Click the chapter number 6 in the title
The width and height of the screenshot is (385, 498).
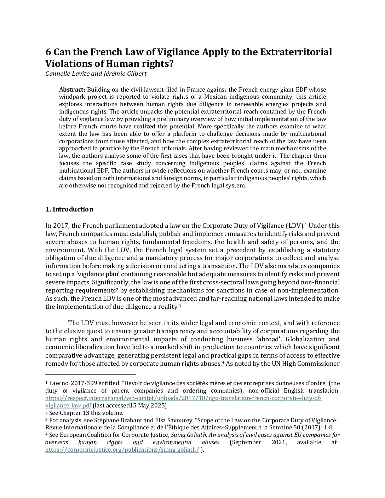tap(48, 52)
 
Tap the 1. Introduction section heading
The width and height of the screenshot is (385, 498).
tap(69, 209)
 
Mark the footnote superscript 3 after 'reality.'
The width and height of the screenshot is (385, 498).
tap(180, 306)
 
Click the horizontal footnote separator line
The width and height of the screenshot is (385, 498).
tap(91, 374)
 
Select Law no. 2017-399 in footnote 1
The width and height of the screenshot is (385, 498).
tap(69, 383)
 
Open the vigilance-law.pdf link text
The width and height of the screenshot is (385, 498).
tap(68, 405)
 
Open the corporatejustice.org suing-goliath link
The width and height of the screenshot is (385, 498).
tap(122, 450)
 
